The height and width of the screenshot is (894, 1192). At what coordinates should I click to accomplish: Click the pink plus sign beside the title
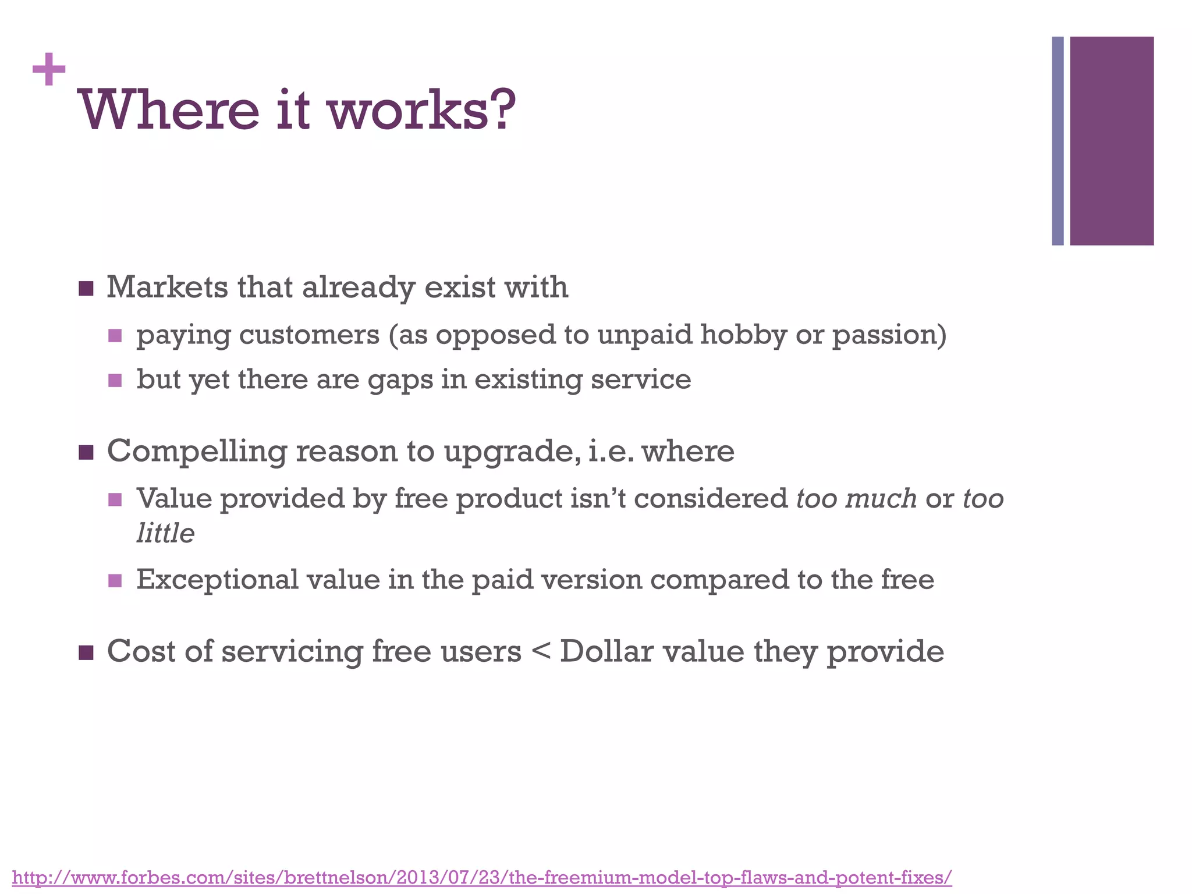pos(49,70)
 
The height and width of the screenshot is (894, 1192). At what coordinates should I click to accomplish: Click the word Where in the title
pos(168,111)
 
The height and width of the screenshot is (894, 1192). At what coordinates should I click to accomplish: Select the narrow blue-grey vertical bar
pos(1058,141)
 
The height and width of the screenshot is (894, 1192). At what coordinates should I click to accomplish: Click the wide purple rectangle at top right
pos(1112,141)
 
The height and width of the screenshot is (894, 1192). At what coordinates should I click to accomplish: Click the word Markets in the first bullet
pos(168,288)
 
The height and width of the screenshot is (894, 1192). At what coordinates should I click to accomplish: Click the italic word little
pos(165,533)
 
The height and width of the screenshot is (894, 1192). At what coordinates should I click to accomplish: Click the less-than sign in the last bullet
pos(541,652)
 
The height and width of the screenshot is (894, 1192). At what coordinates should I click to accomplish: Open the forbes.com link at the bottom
pos(482,877)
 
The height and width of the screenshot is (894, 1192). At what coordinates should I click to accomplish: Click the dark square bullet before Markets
pos(86,289)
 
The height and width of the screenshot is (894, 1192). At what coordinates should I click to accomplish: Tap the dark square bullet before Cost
pos(86,652)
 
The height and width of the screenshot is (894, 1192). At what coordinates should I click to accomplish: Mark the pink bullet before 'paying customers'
pos(115,336)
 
